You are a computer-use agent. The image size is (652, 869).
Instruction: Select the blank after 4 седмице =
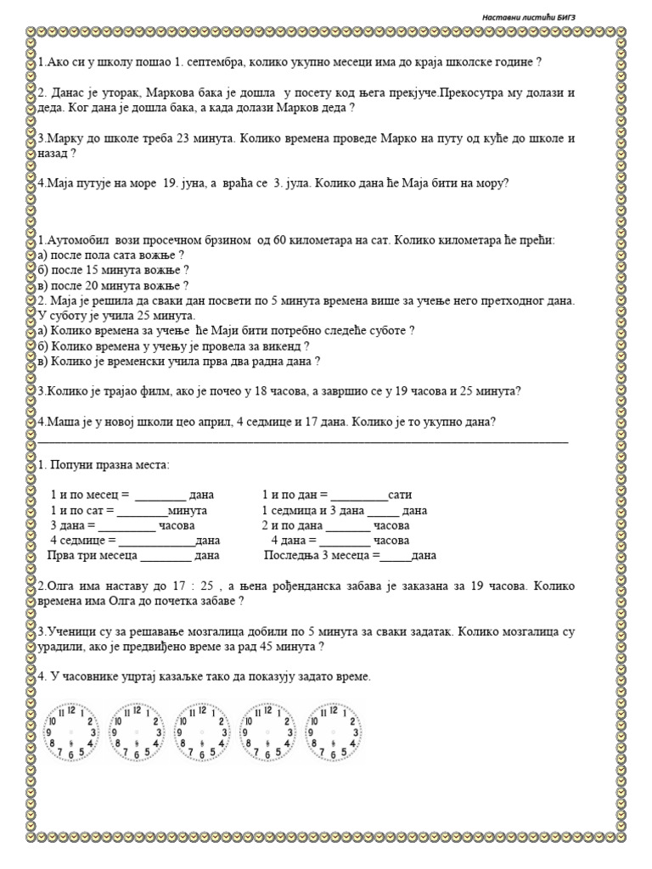pos(156,541)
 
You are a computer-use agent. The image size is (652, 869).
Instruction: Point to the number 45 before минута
pos(273,646)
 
